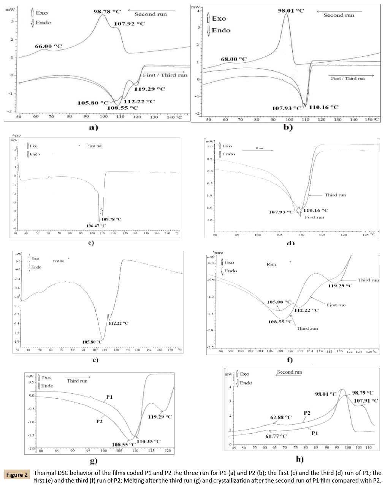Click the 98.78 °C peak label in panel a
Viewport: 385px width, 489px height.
click(107, 11)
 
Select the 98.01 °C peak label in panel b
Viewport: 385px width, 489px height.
click(291, 11)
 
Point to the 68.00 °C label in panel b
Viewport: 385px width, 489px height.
click(233, 59)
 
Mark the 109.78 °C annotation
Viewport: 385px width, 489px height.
click(111, 219)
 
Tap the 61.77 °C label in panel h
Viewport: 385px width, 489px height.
click(276, 436)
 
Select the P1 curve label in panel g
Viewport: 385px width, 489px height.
click(109, 397)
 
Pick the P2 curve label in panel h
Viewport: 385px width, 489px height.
click(307, 413)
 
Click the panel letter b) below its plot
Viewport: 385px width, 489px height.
click(288, 127)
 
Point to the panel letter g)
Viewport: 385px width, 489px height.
click(93, 461)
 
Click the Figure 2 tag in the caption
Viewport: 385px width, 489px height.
click(17, 475)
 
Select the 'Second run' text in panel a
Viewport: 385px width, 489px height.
click(151, 14)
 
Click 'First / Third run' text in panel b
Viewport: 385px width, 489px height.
click(347, 78)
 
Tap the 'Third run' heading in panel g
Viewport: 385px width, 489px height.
click(77, 380)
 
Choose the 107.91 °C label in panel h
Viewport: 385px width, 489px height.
click(366, 401)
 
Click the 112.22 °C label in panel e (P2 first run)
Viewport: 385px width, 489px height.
click(119, 323)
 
